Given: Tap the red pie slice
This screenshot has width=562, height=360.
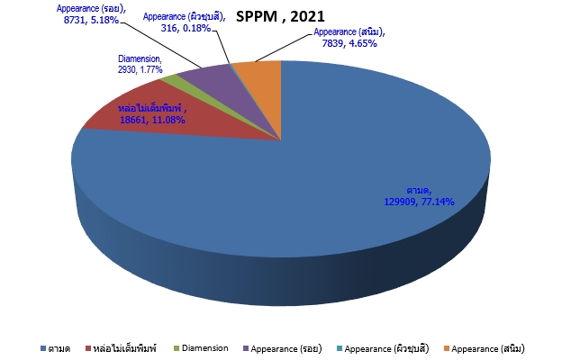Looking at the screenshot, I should tap(135, 112).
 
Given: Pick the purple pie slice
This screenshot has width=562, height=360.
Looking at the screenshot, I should tap(205, 79).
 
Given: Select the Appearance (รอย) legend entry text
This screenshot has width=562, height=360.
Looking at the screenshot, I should tap(289, 347).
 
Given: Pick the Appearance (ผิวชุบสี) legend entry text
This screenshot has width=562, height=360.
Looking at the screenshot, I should tap(386, 347).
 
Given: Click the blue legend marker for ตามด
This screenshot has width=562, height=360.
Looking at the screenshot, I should tap(43, 347).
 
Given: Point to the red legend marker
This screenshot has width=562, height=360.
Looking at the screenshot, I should tap(86, 347).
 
